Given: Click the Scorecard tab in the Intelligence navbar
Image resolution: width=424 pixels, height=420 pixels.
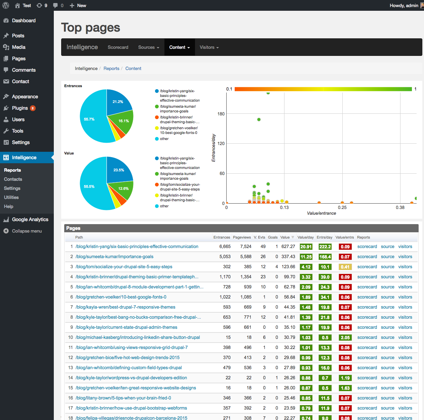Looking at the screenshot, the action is [118, 47].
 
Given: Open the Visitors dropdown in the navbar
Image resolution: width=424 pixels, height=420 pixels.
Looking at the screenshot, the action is [209, 47].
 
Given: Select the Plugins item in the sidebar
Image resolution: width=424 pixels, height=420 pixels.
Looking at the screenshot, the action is [20, 108].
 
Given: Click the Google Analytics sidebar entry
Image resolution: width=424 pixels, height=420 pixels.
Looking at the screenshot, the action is [30, 219].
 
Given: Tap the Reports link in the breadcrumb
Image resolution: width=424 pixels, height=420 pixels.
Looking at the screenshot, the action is [111, 69].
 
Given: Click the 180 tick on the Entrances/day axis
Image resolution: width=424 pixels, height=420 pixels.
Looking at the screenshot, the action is [221, 114].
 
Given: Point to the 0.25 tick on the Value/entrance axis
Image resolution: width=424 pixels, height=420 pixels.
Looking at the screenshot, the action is [342, 207].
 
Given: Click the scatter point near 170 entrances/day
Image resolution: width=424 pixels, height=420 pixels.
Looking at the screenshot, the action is [259, 119].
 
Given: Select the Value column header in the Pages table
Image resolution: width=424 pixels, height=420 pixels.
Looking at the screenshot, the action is [285, 237].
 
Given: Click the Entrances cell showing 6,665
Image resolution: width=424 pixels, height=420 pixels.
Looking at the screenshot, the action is [225, 246].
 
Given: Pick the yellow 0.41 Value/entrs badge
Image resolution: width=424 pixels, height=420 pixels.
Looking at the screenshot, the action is [345, 267].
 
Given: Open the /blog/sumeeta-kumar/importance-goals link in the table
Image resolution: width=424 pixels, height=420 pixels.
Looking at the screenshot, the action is [114, 256].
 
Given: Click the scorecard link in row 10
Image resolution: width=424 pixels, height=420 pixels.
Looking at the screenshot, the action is [367, 338].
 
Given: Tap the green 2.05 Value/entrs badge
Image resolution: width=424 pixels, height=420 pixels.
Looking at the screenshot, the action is [345, 338].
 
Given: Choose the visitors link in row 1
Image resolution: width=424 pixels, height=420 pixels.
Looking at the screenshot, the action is [405, 246].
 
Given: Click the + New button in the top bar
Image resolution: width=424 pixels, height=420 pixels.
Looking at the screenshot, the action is [78, 5].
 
